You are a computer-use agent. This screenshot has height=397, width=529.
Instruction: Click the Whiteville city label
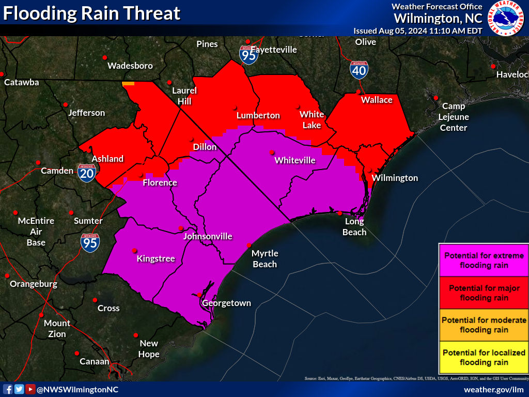click(x=295, y=160)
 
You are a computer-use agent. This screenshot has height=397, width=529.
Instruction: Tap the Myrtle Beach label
click(x=264, y=258)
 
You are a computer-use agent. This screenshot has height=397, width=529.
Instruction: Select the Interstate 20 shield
click(x=86, y=173)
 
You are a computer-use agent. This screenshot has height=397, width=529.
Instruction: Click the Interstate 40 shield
click(x=359, y=69)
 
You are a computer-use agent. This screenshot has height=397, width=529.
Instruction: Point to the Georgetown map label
click(x=226, y=303)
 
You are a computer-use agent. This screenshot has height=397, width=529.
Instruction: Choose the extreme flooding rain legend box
click(x=484, y=261)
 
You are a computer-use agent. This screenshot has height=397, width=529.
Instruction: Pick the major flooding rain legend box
click(x=484, y=293)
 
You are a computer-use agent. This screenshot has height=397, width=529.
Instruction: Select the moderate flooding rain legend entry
click(x=484, y=325)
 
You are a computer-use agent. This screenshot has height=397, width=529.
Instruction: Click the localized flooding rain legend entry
click(x=484, y=357)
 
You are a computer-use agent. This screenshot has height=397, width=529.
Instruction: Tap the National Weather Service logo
click(x=508, y=19)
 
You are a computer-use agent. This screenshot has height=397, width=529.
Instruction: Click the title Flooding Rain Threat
click(x=92, y=13)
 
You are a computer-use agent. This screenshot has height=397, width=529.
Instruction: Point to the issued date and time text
click(x=417, y=30)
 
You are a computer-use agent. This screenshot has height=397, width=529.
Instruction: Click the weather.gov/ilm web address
click(x=493, y=390)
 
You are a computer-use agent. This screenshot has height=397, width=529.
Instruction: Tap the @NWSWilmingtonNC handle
click(x=77, y=390)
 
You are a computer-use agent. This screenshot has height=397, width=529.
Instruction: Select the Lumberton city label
click(x=258, y=115)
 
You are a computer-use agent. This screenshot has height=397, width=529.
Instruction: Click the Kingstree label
click(x=155, y=258)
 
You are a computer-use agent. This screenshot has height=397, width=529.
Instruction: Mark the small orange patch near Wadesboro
click(x=128, y=83)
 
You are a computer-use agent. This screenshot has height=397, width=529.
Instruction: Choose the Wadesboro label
click(x=130, y=66)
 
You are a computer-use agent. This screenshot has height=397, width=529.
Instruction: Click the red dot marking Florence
click(x=142, y=175)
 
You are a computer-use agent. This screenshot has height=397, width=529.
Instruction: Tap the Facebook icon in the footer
click(x=8, y=389)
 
